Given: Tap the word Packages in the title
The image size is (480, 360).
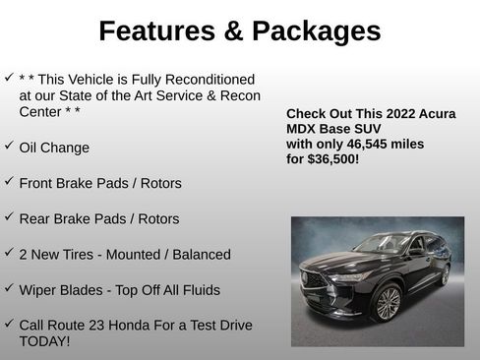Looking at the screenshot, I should [x=317, y=31].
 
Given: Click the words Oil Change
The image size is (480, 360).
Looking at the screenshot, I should [x=54, y=148].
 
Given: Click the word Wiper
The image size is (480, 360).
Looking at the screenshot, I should [x=39, y=290].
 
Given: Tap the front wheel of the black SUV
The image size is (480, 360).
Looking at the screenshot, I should [x=387, y=303].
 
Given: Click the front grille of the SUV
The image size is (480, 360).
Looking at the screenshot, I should [x=318, y=279].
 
